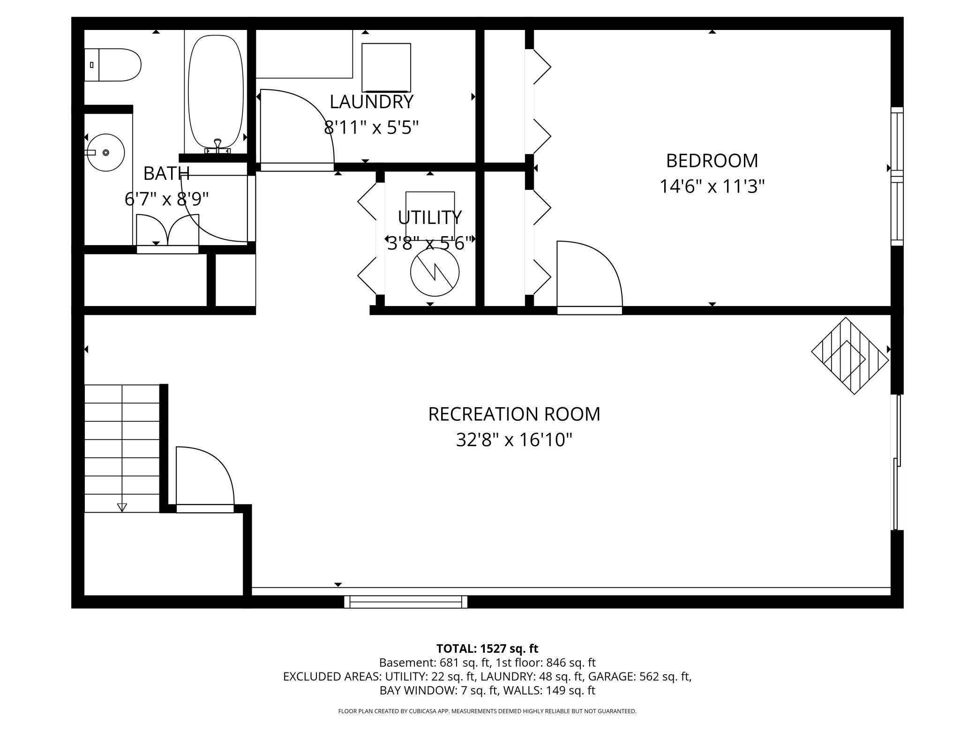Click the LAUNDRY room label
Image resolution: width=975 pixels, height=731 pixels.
click(x=371, y=102)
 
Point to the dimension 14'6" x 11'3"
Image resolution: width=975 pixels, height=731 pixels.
click(x=712, y=186)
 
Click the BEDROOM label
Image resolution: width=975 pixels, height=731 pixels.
click(x=712, y=161)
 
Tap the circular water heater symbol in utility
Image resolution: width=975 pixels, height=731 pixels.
click(x=435, y=272)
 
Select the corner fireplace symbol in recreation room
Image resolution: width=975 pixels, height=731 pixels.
click(x=850, y=356)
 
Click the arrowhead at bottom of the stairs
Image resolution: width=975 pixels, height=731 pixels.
click(x=122, y=507)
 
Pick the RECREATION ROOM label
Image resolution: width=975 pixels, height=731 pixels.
click(x=514, y=414)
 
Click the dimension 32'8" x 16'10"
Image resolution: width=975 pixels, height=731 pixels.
click(x=514, y=440)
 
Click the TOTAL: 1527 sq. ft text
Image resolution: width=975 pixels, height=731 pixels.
click(x=487, y=649)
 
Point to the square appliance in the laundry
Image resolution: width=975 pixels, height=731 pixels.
click(x=386, y=67)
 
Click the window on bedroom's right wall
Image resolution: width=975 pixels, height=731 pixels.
click(x=896, y=176)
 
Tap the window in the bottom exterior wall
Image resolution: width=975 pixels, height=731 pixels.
click(x=405, y=602)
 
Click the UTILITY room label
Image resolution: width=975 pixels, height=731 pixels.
click(x=429, y=217)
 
